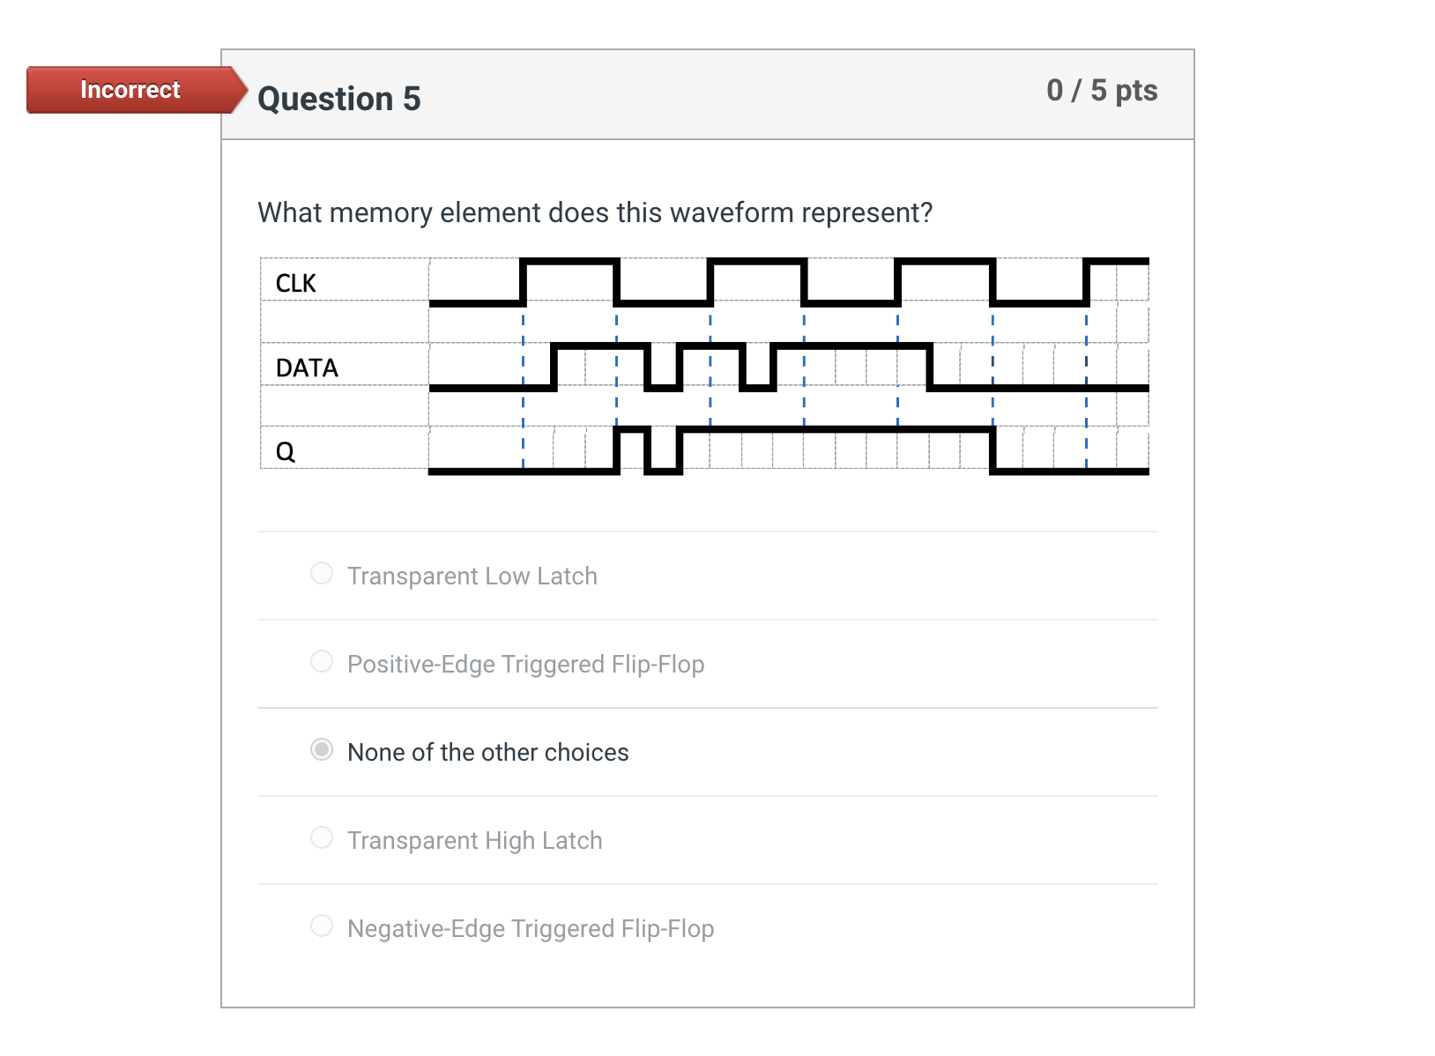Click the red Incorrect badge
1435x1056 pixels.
coord(130,90)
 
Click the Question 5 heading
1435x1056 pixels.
coord(338,99)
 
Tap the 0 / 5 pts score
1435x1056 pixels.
coord(1101,90)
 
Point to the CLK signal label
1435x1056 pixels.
coord(295,283)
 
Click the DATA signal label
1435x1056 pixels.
coord(307,368)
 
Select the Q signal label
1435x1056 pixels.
coord(285,451)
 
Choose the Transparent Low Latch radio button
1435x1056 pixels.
coord(322,574)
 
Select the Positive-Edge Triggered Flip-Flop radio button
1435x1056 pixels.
coord(322,662)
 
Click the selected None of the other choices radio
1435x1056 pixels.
coord(322,750)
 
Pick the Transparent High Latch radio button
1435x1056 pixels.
coord(322,838)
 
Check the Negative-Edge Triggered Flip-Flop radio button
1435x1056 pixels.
coord(322,926)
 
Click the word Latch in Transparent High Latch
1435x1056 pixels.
coord(572,840)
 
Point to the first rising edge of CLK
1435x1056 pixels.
coord(523,282)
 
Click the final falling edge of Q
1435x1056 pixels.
coord(993,450)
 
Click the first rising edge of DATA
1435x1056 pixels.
coord(554,367)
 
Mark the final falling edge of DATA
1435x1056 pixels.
coord(930,367)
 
